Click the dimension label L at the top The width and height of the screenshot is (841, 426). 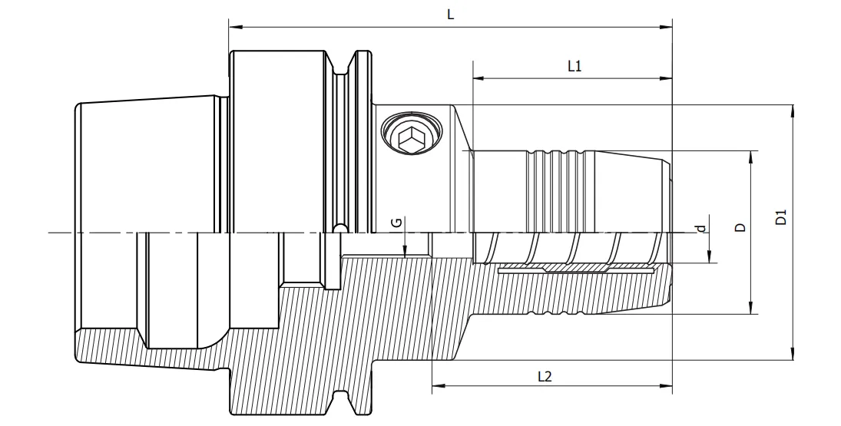(450, 15)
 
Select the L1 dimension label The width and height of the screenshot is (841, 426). (574, 66)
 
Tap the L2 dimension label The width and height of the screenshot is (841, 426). (544, 376)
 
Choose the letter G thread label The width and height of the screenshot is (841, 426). (396, 222)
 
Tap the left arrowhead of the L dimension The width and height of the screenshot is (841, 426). (233, 28)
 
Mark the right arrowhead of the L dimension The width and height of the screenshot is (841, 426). (667, 28)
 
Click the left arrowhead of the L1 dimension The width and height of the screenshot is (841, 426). (477, 78)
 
